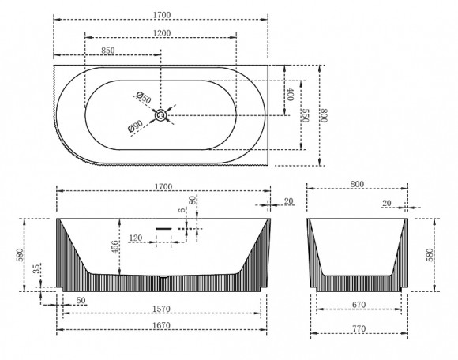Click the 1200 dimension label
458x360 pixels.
(162, 33)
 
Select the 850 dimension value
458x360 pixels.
(108, 51)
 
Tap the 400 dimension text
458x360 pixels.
(290, 94)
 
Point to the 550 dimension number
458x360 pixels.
(306, 115)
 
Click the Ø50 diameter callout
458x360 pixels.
(144, 98)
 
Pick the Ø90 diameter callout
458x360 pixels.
(135, 126)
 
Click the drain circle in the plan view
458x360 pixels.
(160, 115)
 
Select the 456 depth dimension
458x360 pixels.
(115, 247)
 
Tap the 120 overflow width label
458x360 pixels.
(136, 238)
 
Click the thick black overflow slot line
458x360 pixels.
(163, 229)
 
